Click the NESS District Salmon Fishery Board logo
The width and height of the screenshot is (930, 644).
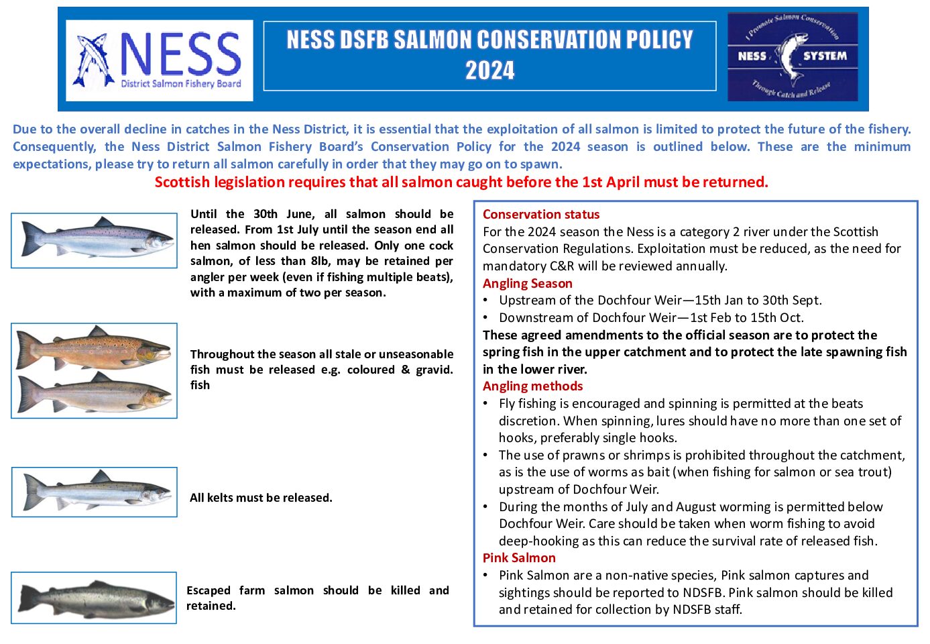click(x=160, y=60)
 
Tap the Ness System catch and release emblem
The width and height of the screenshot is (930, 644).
click(x=793, y=57)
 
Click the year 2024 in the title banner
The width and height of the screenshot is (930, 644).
click(x=489, y=70)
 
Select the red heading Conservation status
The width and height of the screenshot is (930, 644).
click(x=541, y=215)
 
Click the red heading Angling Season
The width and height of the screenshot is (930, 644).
click(x=528, y=284)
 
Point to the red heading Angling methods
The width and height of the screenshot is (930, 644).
click(x=532, y=386)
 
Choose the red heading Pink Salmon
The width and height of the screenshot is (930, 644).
click(x=519, y=558)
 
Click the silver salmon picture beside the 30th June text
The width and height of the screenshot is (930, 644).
click(x=95, y=240)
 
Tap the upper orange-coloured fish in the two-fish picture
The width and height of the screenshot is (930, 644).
click(x=95, y=347)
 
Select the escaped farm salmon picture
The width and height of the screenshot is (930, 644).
click(x=95, y=598)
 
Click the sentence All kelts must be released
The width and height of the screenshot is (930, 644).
click(x=261, y=498)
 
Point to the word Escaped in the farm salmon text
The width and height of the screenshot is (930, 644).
click(x=208, y=590)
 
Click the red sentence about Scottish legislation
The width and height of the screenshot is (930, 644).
click(x=461, y=182)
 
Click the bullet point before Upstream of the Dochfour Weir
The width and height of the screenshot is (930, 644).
click(x=486, y=301)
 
